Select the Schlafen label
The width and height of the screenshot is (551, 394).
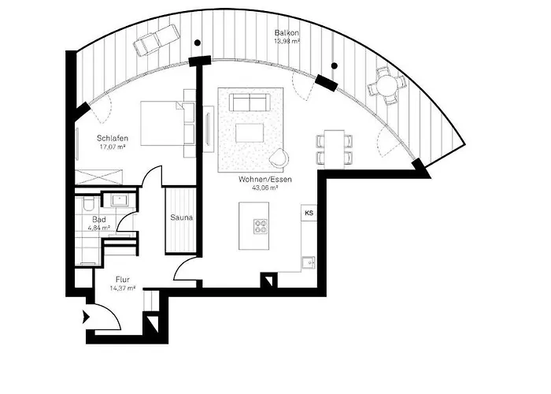pos(113,138)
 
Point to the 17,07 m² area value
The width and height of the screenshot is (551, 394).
pos(113,147)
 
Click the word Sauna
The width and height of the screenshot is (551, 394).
pos(181,217)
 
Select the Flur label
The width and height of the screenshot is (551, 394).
pos(122,280)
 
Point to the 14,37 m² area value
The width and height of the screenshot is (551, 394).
pos(122,288)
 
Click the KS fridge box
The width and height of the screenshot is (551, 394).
pos(309,213)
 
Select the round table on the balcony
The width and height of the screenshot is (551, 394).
pos(386,82)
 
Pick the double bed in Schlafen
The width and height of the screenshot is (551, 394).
pos(165,124)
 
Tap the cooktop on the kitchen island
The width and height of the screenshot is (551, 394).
pos(261,227)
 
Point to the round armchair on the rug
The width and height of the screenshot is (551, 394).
pos(279,158)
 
